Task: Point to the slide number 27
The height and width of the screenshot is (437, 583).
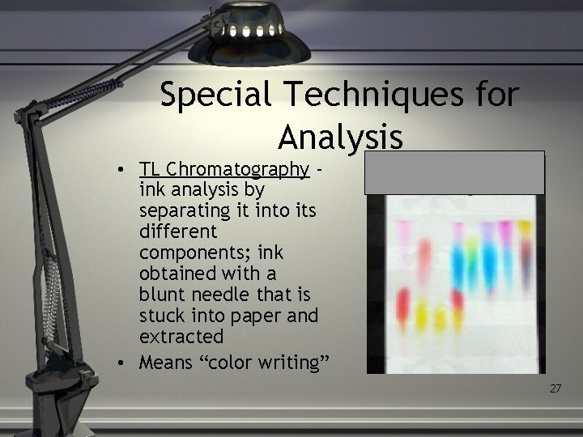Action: pyautogui.click(x=555, y=389)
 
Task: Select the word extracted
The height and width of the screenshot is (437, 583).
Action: pyautogui.click(x=181, y=334)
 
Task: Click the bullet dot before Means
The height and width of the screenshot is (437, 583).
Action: pyautogui.click(x=118, y=363)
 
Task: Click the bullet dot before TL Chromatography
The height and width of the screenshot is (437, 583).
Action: pyautogui.click(x=118, y=170)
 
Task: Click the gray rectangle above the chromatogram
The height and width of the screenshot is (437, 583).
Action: pyautogui.click(x=454, y=172)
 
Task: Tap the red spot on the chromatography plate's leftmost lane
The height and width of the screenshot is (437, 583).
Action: pyautogui.click(x=402, y=305)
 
